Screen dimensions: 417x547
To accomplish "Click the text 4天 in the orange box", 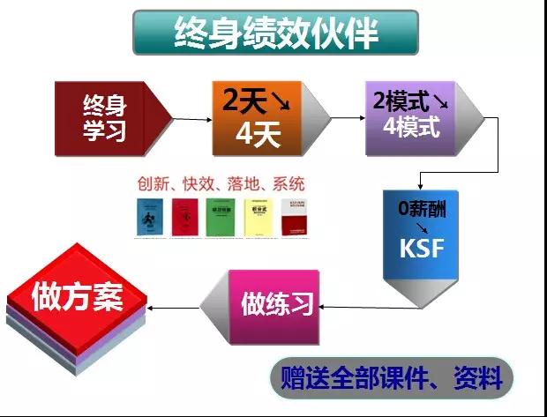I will [x=258, y=133].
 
